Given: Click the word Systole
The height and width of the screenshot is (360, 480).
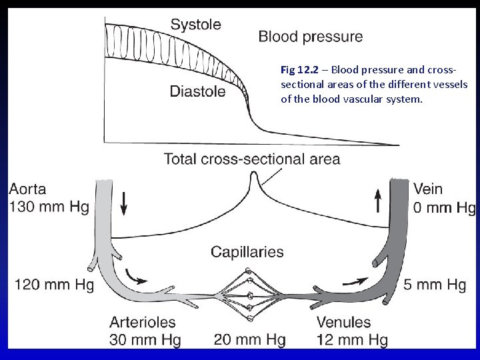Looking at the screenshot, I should [x=195, y=25].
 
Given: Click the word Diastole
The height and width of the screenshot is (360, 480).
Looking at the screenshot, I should [x=197, y=91].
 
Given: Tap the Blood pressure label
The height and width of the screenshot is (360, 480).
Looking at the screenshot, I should [x=310, y=36].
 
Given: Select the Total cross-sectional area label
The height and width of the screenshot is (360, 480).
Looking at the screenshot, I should [x=252, y=159].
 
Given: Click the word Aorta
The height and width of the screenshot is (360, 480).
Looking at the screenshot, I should [x=28, y=189].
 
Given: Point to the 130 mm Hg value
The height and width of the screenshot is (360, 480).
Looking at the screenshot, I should [x=49, y=207].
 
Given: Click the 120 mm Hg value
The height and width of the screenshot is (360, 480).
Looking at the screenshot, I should [x=54, y=285].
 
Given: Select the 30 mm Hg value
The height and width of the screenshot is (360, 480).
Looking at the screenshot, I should [x=145, y=340].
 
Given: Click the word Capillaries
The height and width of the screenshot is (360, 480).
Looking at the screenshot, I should [x=247, y=252].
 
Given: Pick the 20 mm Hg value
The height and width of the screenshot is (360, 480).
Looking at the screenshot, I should [x=249, y=340].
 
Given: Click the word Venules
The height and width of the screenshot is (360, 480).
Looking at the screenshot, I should [x=343, y=323].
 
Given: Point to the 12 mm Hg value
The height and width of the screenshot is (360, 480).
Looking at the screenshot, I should [x=352, y=340].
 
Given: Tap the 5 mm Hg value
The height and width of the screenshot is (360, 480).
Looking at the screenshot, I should [x=435, y=285].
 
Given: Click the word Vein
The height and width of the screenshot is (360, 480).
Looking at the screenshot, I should [x=427, y=189].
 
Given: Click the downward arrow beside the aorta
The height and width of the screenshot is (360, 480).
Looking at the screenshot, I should [x=124, y=201].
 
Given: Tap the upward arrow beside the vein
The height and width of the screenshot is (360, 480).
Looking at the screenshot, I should [x=378, y=200].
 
